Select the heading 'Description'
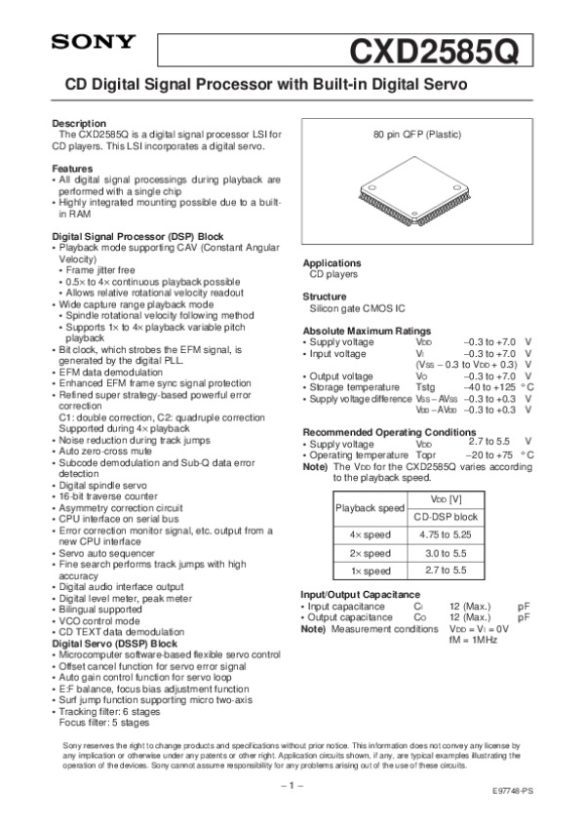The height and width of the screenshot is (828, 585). pyautogui.click(x=78, y=124)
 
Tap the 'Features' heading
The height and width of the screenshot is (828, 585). pyautogui.click(x=73, y=169)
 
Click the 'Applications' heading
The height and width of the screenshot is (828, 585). pyautogui.click(x=331, y=263)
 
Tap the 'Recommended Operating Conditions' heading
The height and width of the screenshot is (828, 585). pyautogui.click(x=389, y=431)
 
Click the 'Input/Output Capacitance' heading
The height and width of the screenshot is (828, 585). pyautogui.click(x=361, y=594)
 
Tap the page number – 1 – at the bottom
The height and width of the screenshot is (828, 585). pyautogui.click(x=292, y=784)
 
